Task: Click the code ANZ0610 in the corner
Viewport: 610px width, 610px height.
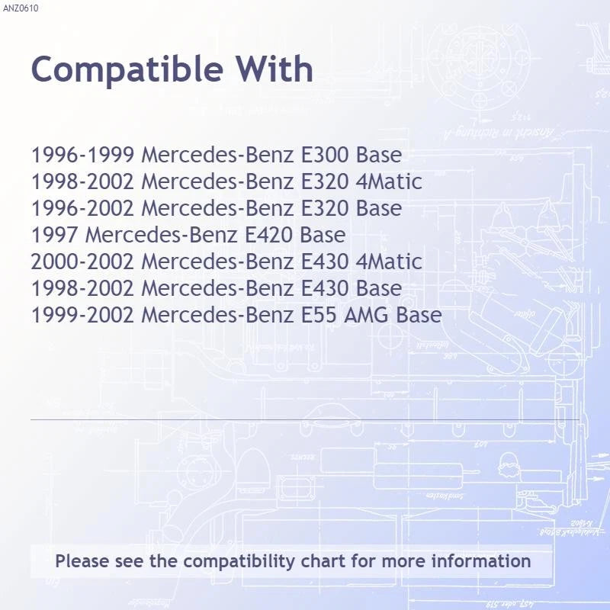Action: tap(21, 8)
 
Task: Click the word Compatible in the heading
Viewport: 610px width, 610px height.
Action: tap(127, 70)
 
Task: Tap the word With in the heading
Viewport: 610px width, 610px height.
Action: tap(274, 69)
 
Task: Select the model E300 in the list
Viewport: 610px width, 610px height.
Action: tap(325, 155)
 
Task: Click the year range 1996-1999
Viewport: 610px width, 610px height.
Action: tap(82, 155)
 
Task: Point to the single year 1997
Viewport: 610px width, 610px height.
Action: tap(54, 235)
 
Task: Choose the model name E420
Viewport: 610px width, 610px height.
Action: tap(268, 235)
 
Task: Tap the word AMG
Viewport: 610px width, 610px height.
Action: tap(366, 315)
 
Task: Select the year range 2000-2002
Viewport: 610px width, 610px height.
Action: tap(82, 262)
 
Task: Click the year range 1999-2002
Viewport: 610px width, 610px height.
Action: tap(82, 315)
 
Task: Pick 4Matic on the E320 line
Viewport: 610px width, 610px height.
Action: tap(389, 181)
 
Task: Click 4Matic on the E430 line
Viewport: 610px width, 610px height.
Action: tap(389, 262)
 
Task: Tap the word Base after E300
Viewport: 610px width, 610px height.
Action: tap(379, 155)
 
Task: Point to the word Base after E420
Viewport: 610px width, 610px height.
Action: tap(323, 235)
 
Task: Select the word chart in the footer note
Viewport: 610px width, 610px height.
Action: tap(323, 561)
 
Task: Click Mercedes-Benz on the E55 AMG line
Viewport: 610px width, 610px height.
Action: tap(217, 315)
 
